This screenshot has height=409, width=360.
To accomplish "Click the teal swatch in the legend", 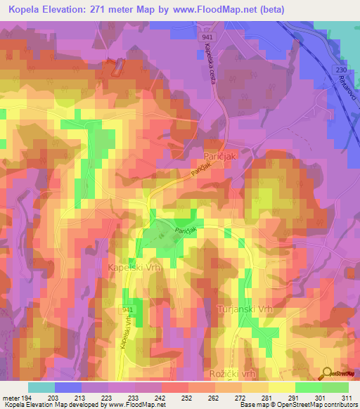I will point(41,387).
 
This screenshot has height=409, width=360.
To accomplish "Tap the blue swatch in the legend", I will point(68,387).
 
